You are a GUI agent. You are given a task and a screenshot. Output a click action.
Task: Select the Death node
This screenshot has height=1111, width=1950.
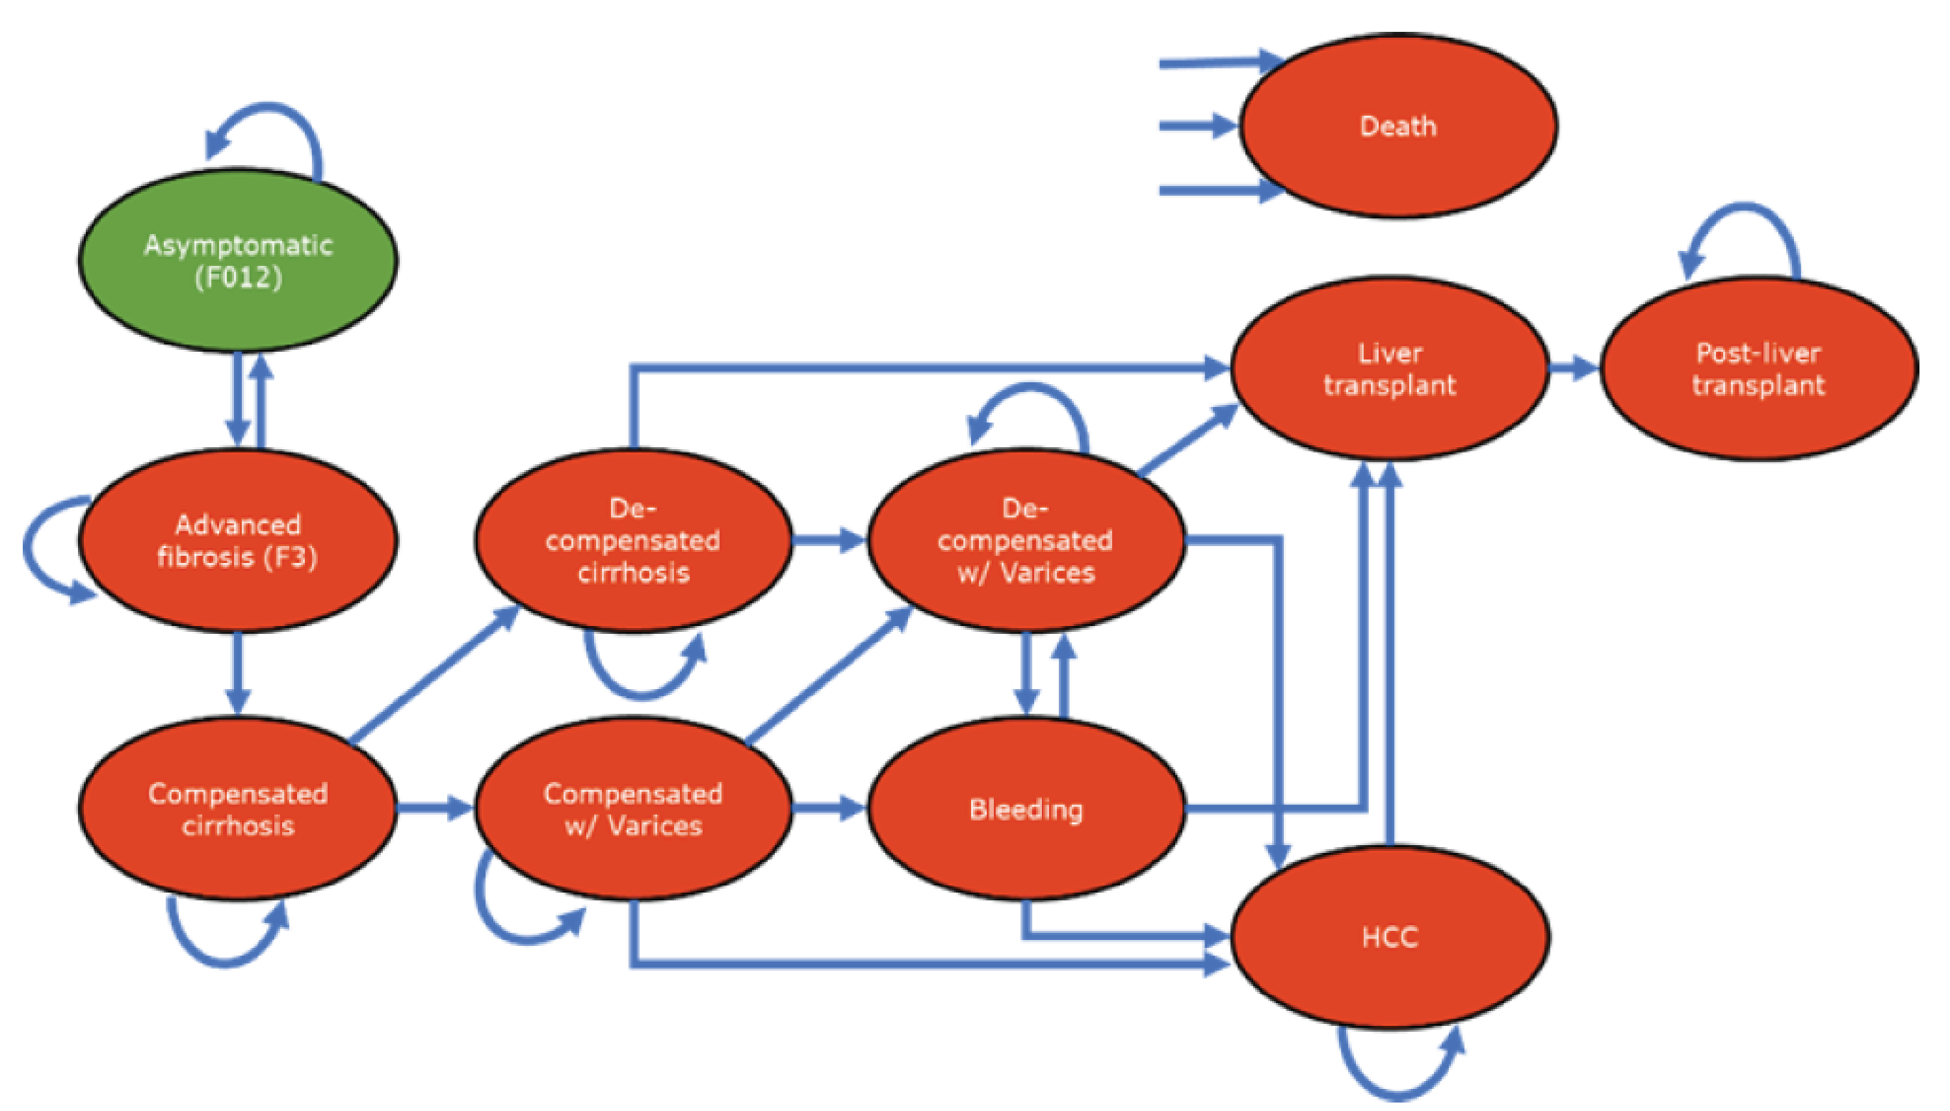(1397, 126)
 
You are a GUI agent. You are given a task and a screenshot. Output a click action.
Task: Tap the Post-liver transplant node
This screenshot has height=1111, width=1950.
(1758, 369)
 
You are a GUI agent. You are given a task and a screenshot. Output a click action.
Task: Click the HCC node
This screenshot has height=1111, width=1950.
(1390, 937)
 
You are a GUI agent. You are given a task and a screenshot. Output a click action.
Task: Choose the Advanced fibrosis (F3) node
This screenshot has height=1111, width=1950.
(237, 540)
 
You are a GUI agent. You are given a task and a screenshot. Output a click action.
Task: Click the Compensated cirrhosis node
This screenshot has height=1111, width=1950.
(237, 809)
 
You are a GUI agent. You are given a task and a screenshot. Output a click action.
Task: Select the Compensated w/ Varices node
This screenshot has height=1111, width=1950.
(632, 809)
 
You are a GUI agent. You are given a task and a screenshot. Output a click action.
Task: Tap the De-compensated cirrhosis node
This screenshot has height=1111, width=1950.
(632, 540)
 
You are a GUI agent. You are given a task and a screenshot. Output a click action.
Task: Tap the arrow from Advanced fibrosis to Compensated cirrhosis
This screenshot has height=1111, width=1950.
(237, 672)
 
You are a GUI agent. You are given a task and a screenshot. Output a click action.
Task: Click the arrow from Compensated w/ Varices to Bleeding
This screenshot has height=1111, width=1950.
(827, 807)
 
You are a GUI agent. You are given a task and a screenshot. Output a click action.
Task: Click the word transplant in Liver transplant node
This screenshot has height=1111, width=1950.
(1390, 386)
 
